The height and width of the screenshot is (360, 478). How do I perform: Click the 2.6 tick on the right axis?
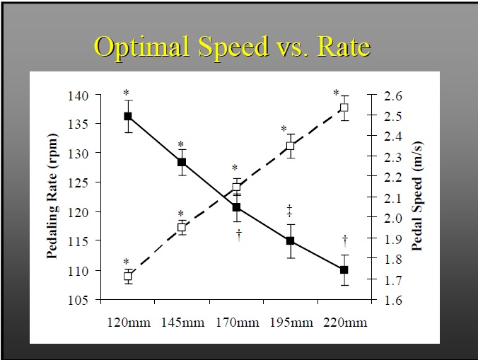tap(392, 95)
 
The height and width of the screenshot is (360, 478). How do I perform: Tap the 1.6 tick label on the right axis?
tap(392, 300)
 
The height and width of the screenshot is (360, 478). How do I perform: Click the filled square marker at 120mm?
tap(128, 116)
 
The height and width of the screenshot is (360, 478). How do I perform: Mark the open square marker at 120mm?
tap(128, 277)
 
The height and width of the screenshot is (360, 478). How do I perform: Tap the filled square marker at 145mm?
tap(182, 163)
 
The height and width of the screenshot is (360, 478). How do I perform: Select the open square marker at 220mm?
tap(344, 108)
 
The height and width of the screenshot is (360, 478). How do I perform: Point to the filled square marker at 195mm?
tap(290, 240)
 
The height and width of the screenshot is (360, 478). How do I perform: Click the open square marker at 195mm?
tap(290, 146)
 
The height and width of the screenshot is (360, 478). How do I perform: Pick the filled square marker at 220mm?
tap(344, 270)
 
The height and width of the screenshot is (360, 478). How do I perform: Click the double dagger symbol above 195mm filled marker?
tap(290, 210)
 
